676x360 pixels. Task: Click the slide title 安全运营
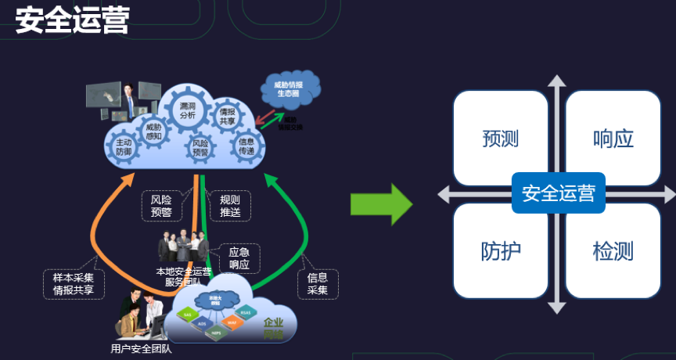click(x=71, y=20)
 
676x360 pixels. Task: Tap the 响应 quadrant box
click(x=613, y=139)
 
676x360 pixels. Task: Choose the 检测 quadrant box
click(x=613, y=250)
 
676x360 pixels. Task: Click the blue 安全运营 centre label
click(x=558, y=193)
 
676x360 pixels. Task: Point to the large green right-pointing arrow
click(x=380, y=205)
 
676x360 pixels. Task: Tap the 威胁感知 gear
click(x=153, y=131)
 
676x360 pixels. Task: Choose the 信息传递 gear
click(x=246, y=146)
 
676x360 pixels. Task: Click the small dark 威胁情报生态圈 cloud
click(x=287, y=88)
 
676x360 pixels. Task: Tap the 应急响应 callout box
click(x=239, y=258)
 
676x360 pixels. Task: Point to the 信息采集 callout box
click(x=317, y=283)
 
